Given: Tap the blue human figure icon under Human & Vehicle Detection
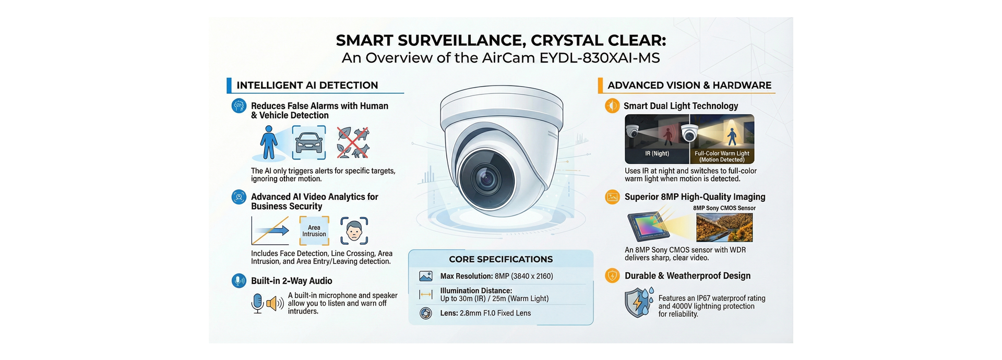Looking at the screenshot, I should pyautogui.click(x=269, y=142).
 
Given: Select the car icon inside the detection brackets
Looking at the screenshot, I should pyautogui.click(x=309, y=142).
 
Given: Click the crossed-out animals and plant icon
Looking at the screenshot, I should pyautogui.click(x=353, y=142).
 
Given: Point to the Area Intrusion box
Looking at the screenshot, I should pyautogui.click(x=314, y=231).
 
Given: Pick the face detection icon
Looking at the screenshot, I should pyautogui.click(x=354, y=231).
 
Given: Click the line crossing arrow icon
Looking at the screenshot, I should pyautogui.click(x=270, y=231).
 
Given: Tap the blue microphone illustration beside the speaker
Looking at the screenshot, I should pyautogui.click(x=257, y=303).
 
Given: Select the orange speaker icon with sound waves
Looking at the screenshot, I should pyautogui.click(x=275, y=303).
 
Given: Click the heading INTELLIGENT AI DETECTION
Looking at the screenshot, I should pyautogui.click(x=307, y=85).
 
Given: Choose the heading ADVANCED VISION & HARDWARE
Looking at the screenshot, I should pyautogui.click(x=689, y=85).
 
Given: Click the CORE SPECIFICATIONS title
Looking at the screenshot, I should pyautogui.click(x=500, y=259).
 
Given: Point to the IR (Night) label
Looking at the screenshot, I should pyautogui.click(x=657, y=153).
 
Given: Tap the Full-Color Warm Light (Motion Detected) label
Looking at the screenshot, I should pyautogui.click(x=722, y=157).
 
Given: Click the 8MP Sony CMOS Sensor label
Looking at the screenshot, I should pyautogui.click(x=724, y=208).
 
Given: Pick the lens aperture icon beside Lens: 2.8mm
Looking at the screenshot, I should pyautogui.click(x=426, y=314).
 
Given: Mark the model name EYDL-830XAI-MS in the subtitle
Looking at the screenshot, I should pyautogui.click(x=600, y=58).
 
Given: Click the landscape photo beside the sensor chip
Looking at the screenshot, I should pyautogui.click(x=724, y=227).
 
